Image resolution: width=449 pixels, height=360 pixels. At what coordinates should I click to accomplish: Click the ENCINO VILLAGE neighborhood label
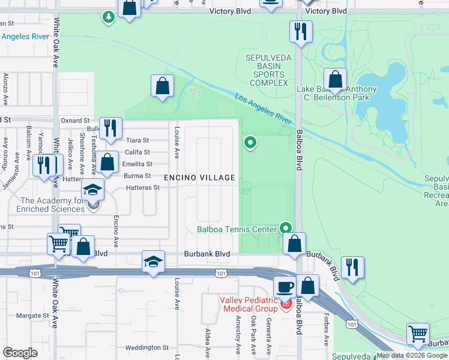200,178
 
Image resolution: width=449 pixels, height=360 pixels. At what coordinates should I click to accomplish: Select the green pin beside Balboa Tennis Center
286,228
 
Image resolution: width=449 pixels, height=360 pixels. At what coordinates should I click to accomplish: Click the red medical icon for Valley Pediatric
286,305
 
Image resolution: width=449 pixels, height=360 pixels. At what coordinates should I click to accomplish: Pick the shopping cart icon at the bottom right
418,333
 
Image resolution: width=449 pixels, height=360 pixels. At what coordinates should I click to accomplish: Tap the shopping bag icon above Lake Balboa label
335,79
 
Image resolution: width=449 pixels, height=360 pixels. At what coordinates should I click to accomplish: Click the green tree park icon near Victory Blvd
109,17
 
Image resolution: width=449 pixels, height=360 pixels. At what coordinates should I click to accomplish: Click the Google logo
20,352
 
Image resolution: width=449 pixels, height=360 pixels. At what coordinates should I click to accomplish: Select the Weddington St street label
147,347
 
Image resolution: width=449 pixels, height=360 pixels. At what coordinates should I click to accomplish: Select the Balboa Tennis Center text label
237,229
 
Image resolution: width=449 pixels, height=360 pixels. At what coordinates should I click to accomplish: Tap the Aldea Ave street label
208,343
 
